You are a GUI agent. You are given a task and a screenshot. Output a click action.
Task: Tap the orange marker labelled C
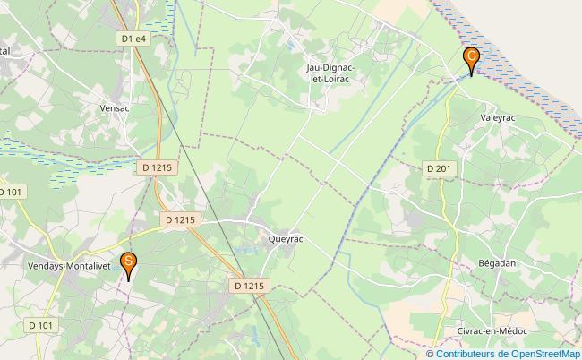click(x=471, y=58)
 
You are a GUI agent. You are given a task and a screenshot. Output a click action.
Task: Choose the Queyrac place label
click(x=287, y=239)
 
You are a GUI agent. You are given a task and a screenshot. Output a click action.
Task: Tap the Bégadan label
click(x=498, y=263)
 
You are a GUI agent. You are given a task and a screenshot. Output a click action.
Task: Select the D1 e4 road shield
click(x=133, y=39)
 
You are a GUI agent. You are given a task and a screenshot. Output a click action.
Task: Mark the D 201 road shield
click(x=439, y=167)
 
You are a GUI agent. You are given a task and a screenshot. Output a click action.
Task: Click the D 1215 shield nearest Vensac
click(x=157, y=167)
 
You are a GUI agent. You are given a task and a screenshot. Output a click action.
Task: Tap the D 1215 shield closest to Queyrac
click(x=250, y=286)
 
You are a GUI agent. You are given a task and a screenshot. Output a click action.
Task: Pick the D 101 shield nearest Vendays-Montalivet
click(x=40, y=324)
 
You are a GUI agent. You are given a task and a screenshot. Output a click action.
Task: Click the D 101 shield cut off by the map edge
click(x=11, y=192)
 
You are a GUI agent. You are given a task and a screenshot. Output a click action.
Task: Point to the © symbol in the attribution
click(x=431, y=353)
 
